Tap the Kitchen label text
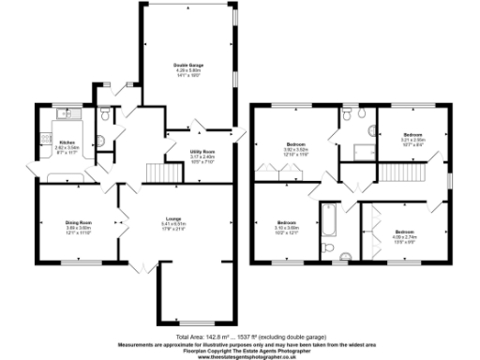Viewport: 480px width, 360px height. (x=67, y=142)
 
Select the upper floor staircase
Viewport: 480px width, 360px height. (x=395, y=172)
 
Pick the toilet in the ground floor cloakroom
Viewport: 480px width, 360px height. (x=106, y=114)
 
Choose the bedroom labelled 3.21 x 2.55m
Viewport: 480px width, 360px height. (x=413, y=138)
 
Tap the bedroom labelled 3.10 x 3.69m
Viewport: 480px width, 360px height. (x=286, y=225)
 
